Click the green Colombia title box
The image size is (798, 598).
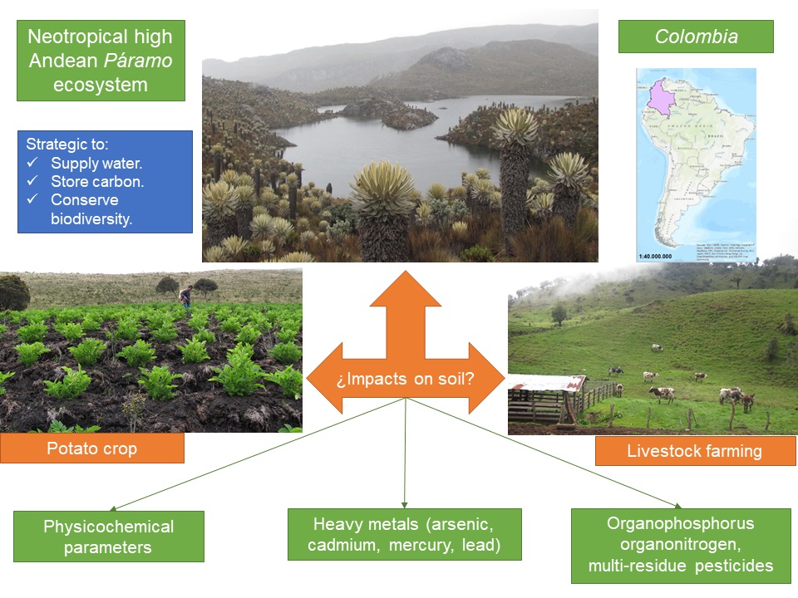click(696, 37)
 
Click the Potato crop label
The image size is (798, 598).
click(91, 448)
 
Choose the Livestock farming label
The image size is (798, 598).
click(696, 452)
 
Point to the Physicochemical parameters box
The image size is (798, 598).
click(109, 537)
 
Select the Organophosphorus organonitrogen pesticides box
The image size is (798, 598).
click(681, 545)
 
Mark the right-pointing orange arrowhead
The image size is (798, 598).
click(490, 378)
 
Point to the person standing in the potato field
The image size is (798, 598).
click(185, 295)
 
